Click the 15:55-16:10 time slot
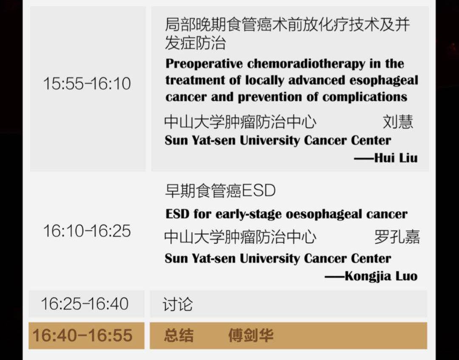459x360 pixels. tap(87, 83)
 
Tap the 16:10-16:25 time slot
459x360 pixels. tap(87, 231)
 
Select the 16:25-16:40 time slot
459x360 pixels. tap(85, 303)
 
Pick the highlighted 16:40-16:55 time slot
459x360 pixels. tap(82, 335)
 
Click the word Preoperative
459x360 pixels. tap(204, 64)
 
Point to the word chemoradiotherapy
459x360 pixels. tap(306, 63)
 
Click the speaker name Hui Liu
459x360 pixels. tap(396, 158)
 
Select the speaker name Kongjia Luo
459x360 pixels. tap(381, 276)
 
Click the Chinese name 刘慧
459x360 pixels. tap(398, 122)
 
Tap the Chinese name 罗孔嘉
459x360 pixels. tap(397, 237)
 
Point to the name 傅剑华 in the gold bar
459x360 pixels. tap(251, 335)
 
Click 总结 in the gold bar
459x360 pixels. tap(178, 335)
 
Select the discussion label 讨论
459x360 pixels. tap(178, 304)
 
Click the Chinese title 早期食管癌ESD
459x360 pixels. tap(221, 190)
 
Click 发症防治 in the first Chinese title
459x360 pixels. tap(195, 43)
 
